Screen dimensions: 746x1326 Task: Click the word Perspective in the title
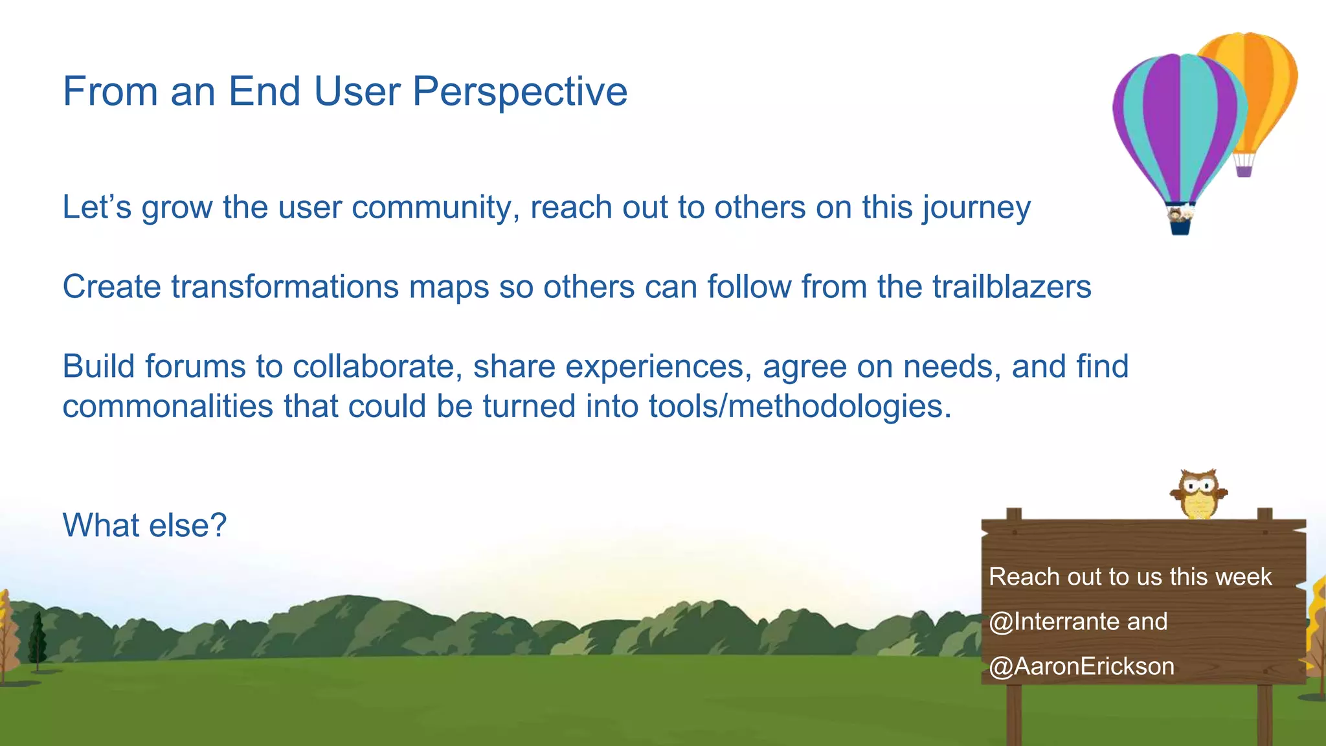tap(519, 92)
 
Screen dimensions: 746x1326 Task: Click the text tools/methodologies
tap(800, 407)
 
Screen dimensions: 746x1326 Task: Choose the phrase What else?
tap(144, 525)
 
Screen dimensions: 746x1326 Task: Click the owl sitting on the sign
tap(1198, 494)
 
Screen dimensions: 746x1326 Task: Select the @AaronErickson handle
tap(1081, 666)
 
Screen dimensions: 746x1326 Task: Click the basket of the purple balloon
tap(1180, 224)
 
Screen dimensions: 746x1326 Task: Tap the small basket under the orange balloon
tap(1244, 171)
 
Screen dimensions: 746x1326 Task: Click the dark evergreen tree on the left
tap(38, 641)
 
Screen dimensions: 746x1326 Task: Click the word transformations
tap(284, 287)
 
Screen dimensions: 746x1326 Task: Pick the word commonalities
tap(168, 407)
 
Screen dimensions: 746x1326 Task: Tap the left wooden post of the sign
tap(1014, 712)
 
